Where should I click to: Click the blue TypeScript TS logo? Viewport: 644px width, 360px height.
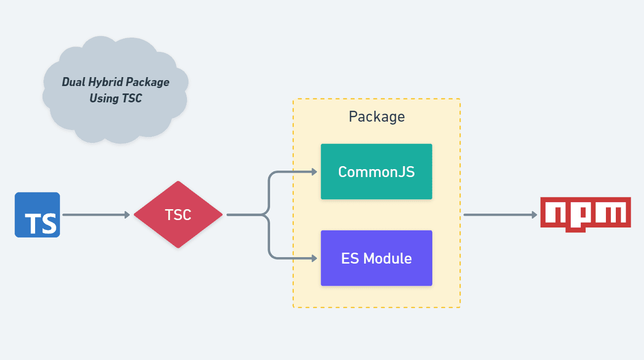37,215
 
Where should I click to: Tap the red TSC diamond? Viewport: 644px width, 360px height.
178,215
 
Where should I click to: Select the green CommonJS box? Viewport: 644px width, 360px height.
376,172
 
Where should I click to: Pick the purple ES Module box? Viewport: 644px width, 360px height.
376,258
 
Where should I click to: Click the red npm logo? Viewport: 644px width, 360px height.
586,214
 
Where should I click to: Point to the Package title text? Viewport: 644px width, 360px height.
376,117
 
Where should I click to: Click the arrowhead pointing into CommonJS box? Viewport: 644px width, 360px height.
313,172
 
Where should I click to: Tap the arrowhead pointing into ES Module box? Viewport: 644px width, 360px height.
313,258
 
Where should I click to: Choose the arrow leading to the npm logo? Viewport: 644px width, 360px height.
500,215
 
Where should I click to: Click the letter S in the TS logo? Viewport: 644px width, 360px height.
48,224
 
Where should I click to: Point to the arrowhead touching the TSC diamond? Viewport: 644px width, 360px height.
127,215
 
